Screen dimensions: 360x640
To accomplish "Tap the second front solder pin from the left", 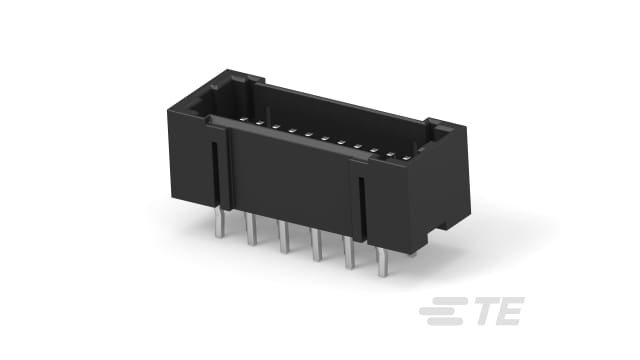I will (250, 233).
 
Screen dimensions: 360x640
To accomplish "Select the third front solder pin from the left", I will (283, 240).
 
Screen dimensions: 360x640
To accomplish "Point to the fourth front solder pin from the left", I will (317, 247).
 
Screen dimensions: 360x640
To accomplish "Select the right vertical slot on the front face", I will (361, 206).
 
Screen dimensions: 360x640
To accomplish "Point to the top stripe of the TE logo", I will (439, 306).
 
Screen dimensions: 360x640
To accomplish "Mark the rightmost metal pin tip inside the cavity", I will (406, 157).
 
